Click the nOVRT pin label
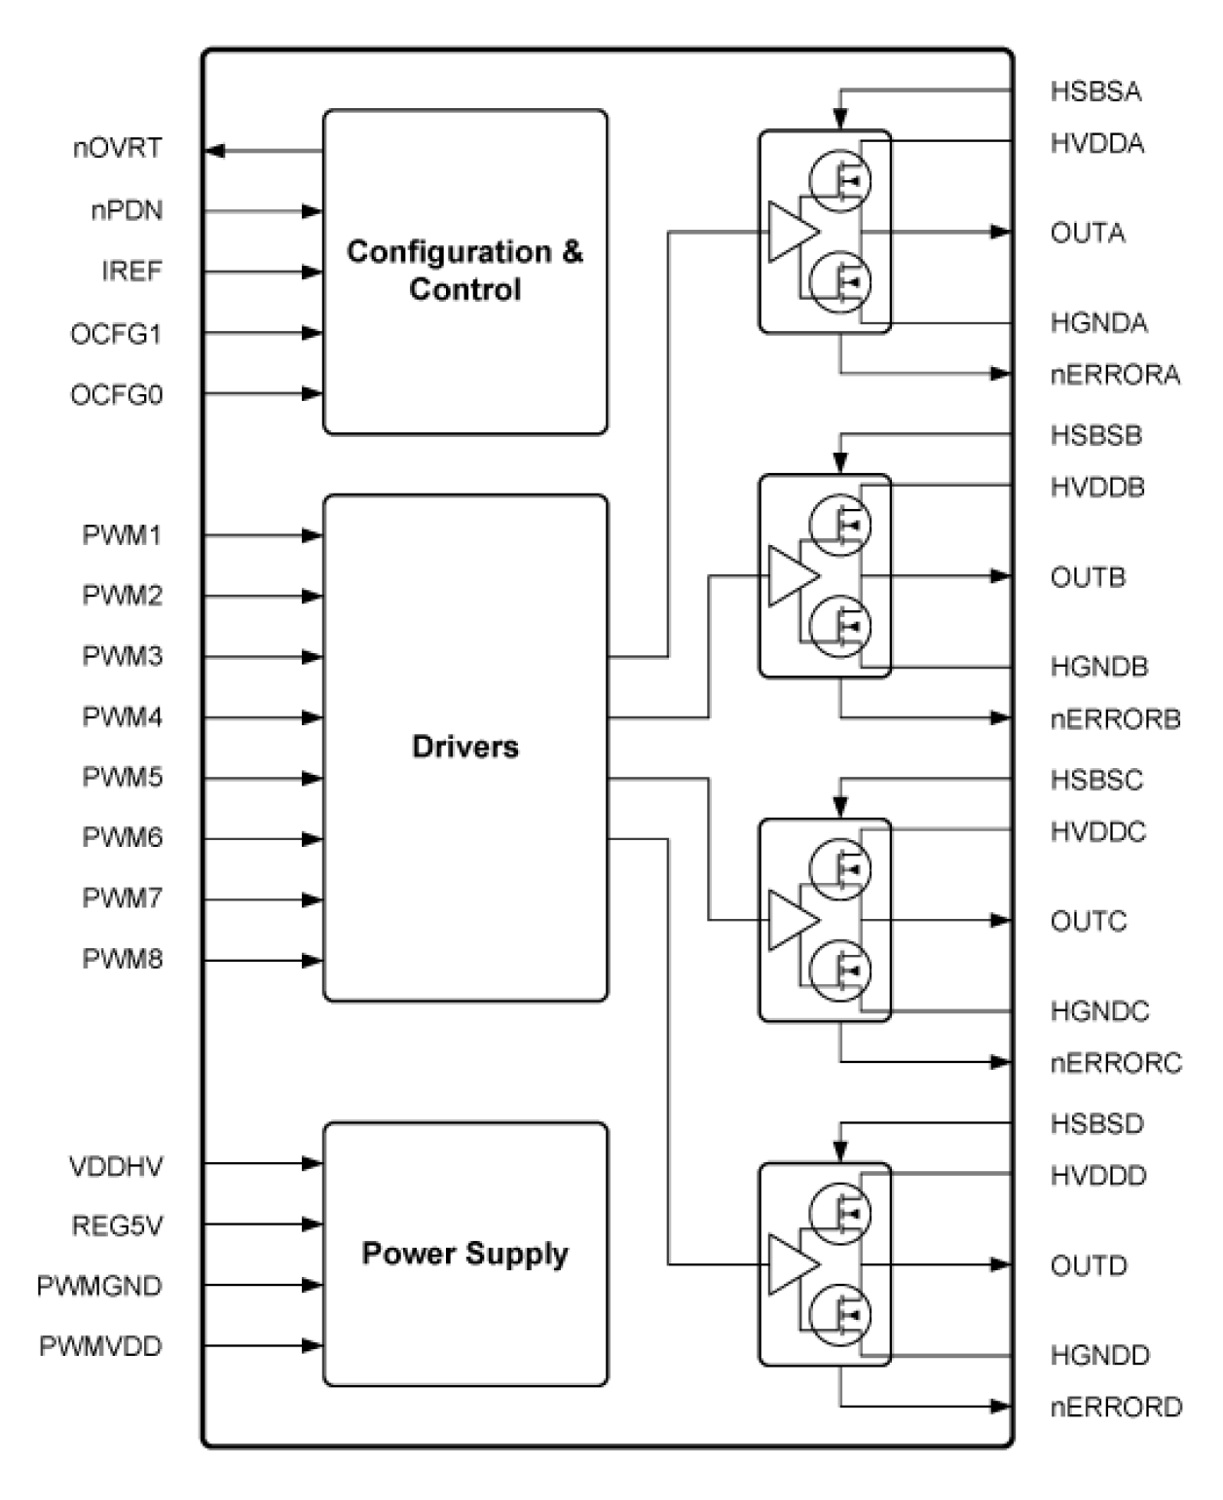coord(117,149)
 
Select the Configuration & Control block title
coord(464,271)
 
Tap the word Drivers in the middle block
coord(464,747)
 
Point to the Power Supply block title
coord(464,1253)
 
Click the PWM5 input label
coord(122,778)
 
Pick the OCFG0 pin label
coord(116,395)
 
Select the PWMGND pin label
coord(99,1286)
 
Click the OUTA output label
coord(1088,234)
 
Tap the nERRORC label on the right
coord(1115,1063)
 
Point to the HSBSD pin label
coord(1096,1124)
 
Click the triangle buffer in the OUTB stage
coord(792,576)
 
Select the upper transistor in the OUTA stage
coord(840,180)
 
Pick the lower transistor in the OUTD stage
coord(840,1315)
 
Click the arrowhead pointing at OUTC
coord(1000,920)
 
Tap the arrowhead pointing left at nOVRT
coord(215,151)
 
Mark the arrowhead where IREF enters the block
coord(312,272)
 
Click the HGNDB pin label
coord(1098,668)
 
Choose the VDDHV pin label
coord(116,1166)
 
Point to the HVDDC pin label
coord(1097,832)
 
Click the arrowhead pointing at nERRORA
coord(1000,373)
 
